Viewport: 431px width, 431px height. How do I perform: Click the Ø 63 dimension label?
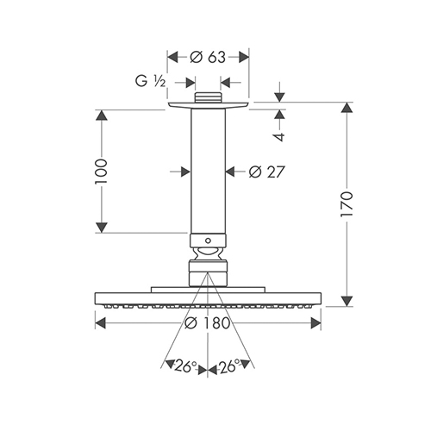click(x=208, y=57)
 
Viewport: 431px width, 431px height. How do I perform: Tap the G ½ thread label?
click(x=151, y=81)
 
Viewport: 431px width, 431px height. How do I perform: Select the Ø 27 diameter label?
click(x=266, y=172)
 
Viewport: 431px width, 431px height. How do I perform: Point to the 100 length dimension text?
click(x=102, y=171)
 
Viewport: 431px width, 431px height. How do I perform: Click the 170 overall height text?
click(x=347, y=203)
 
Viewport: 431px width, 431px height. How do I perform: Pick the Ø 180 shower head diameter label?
click(x=208, y=322)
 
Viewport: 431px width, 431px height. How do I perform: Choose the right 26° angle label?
click(x=229, y=366)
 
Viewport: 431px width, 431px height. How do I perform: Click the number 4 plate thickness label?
click(x=279, y=137)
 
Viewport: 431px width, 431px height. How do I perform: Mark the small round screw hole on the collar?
click(x=208, y=240)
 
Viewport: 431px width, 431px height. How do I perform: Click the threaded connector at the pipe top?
click(x=208, y=97)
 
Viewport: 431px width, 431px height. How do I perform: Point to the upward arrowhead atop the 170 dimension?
click(x=347, y=108)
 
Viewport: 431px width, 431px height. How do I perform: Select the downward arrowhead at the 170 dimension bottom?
click(x=347, y=301)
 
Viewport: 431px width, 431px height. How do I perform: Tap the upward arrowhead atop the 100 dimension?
click(x=102, y=115)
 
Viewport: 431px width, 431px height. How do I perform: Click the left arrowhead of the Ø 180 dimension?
click(x=101, y=323)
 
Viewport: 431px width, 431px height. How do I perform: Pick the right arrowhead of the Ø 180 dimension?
click(x=315, y=323)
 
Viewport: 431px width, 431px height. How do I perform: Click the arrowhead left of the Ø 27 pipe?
click(x=185, y=172)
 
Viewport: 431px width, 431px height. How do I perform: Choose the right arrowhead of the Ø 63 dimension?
click(x=244, y=57)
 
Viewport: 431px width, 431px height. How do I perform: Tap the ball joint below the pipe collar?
click(x=208, y=253)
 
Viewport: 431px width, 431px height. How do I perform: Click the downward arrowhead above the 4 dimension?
click(x=279, y=97)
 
